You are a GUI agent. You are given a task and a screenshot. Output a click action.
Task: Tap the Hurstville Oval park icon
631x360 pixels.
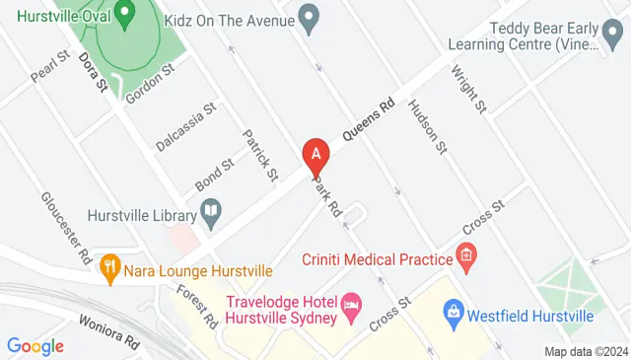[x=124, y=15]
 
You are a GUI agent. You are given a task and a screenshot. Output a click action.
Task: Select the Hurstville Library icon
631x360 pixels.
[x=209, y=209]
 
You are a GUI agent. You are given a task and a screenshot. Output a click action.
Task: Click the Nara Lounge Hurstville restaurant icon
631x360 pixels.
[x=110, y=265]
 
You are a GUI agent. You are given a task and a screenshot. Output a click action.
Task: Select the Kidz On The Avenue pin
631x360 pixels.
[x=309, y=19]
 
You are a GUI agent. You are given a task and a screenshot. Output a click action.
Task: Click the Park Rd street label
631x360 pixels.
[x=327, y=197]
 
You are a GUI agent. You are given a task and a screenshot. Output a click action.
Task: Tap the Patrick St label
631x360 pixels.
[x=260, y=156]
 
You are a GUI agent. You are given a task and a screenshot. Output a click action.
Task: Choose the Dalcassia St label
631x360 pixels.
[x=184, y=129]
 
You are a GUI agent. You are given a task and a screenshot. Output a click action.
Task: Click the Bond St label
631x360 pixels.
[x=214, y=176]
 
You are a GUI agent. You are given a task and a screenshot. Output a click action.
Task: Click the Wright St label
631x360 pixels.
[x=468, y=89]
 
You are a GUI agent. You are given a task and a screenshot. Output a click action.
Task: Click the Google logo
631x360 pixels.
[x=35, y=346]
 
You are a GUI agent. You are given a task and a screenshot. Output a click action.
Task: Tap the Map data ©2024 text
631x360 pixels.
[x=586, y=351]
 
